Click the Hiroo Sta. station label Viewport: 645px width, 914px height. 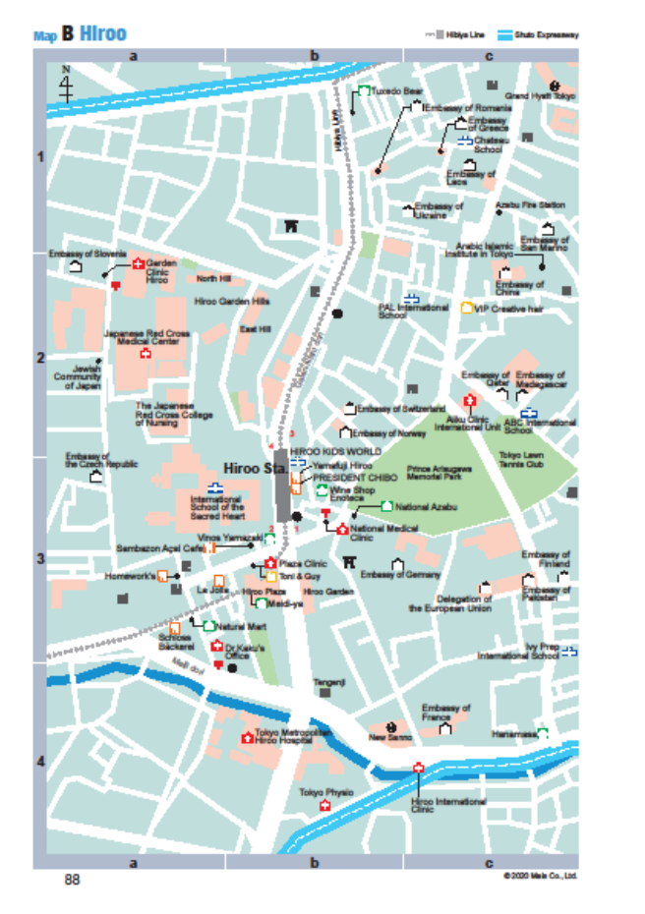246,468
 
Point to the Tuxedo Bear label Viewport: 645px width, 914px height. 397,90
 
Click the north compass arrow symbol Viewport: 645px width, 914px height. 66,86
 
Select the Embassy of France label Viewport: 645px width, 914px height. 445,713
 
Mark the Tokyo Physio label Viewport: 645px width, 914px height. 325,792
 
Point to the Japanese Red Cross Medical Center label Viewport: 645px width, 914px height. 147,337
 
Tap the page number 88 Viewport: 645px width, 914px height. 72,880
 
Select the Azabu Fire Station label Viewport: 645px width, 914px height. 531,205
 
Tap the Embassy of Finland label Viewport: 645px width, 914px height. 546,559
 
